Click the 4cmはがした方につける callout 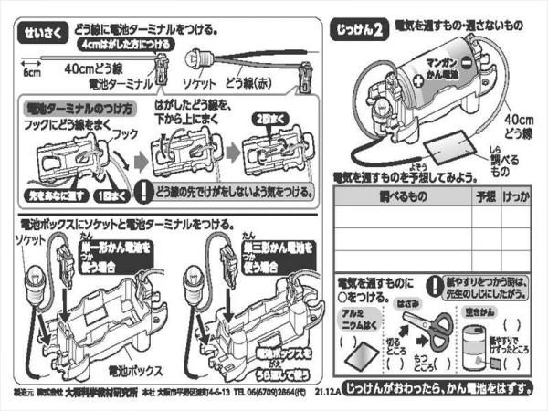pos(114,44)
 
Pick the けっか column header pos(518,196)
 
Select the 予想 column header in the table pos(484,196)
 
